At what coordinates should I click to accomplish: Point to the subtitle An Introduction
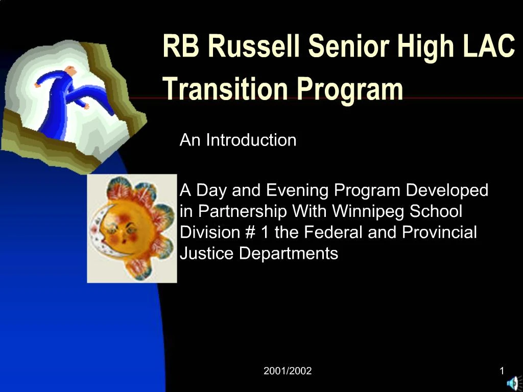pos(238,140)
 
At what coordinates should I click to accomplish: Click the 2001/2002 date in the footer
pos(287,371)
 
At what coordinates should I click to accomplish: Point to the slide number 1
pos(502,371)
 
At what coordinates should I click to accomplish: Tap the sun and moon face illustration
pos(132,228)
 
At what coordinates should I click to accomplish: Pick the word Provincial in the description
pos(439,232)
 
